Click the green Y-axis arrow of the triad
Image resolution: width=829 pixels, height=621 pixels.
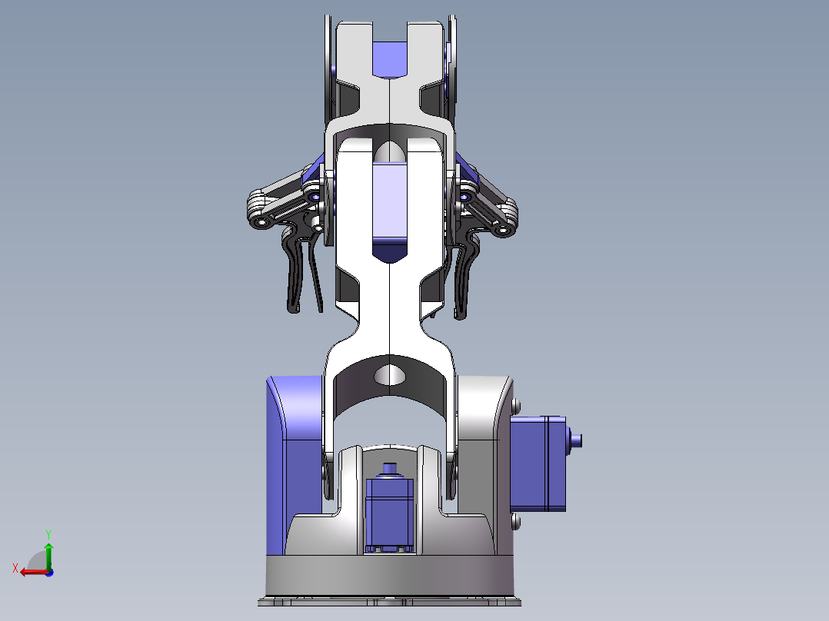click(x=48, y=553)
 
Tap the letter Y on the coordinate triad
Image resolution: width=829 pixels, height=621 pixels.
click(x=48, y=533)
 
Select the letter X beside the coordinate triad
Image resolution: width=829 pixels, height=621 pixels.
click(x=15, y=568)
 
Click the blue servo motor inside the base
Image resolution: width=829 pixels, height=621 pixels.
click(x=391, y=511)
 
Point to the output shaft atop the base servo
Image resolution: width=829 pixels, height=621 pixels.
click(x=390, y=469)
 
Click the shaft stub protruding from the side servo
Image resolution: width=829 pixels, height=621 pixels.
click(x=578, y=440)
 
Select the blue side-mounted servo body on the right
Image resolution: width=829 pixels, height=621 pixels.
click(x=538, y=465)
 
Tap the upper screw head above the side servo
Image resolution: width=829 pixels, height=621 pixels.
click(x=515, y=405)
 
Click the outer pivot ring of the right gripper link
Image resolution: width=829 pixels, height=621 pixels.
click(x=504, y=229)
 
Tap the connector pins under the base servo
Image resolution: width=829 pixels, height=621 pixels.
click(x=391, y=549)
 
